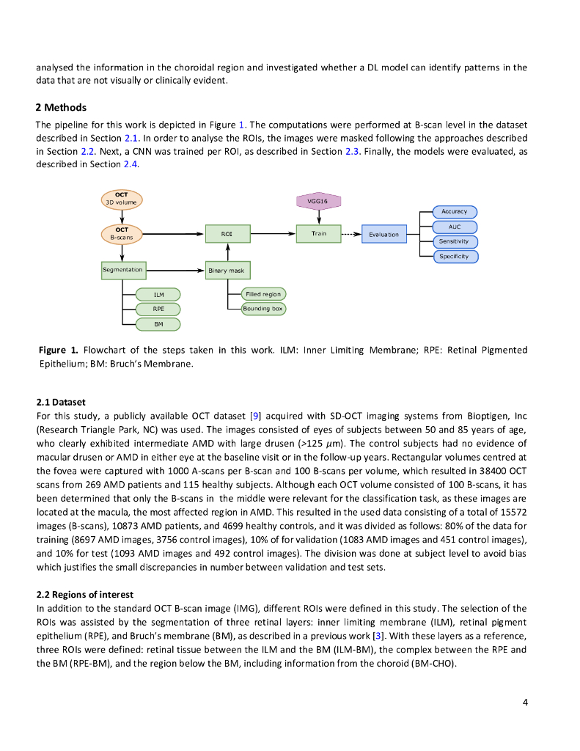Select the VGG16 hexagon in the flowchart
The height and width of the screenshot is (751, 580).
[x=319, y=200]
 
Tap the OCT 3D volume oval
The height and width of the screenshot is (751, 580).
[x=121, y=199]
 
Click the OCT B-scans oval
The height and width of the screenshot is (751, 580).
[x=121, y=234]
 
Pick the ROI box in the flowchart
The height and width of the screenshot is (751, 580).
[x=227, y=234]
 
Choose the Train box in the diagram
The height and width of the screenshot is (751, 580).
[x=319, y=233]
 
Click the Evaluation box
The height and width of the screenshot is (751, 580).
[x=384, y=235]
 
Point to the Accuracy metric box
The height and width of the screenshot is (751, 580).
[x=455, y=212]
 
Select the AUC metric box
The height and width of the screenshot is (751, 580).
[x=455, y=227]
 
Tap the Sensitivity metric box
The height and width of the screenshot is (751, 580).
[x=455, y=241]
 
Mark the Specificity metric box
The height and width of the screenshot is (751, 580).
[x=455, y=257]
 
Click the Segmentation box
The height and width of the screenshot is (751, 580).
[x=122, y=270]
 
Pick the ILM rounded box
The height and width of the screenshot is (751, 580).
[x=158, y=294]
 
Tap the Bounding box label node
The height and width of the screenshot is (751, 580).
[x=264, y=309]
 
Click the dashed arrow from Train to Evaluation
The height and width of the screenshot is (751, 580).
[x=352, y=234]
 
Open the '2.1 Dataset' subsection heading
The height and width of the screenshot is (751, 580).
[x=61, y=403]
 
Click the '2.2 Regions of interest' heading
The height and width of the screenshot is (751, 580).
[x=85, y=594]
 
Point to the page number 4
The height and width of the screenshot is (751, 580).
[x=525, y=703]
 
